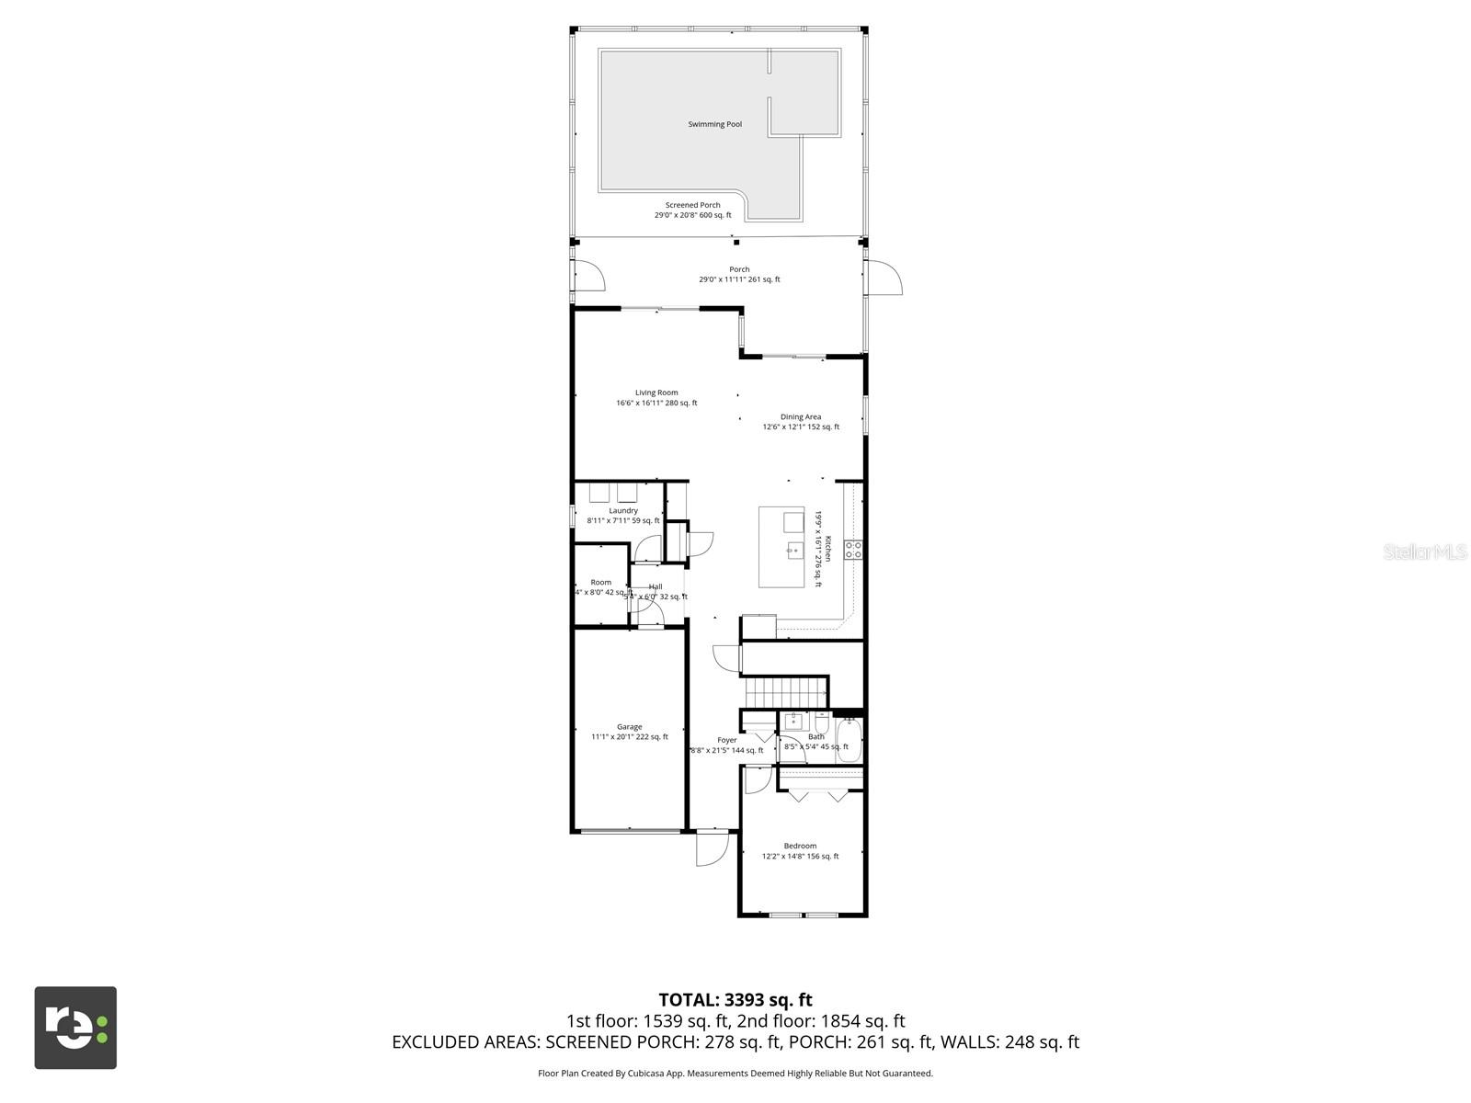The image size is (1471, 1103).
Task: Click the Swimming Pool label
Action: (x=714, y=124)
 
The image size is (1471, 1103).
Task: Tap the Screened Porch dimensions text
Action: (x=692, y=215)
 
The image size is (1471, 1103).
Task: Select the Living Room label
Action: (x=656, y=392)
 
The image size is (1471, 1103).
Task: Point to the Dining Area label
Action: (x=800, y=416)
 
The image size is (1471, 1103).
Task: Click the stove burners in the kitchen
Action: (x=853, y=551)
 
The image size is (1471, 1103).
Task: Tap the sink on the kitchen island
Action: (x=793, y=551)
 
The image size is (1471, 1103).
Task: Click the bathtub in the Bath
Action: (x=849, y=740)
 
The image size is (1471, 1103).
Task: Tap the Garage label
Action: (x=629, y=727)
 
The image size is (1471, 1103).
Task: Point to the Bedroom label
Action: (x=800, y=846)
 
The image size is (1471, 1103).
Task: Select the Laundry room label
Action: (x=623, y=510)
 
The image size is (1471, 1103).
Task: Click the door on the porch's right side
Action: (x=884, y=278)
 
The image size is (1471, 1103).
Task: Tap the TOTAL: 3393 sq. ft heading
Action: (x=735, y=999)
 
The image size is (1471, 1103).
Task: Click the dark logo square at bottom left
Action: (x=75, y=1028)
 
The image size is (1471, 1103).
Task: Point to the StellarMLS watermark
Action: (x=1424, y=551)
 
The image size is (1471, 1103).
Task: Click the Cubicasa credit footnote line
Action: (x=735, y=1073)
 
